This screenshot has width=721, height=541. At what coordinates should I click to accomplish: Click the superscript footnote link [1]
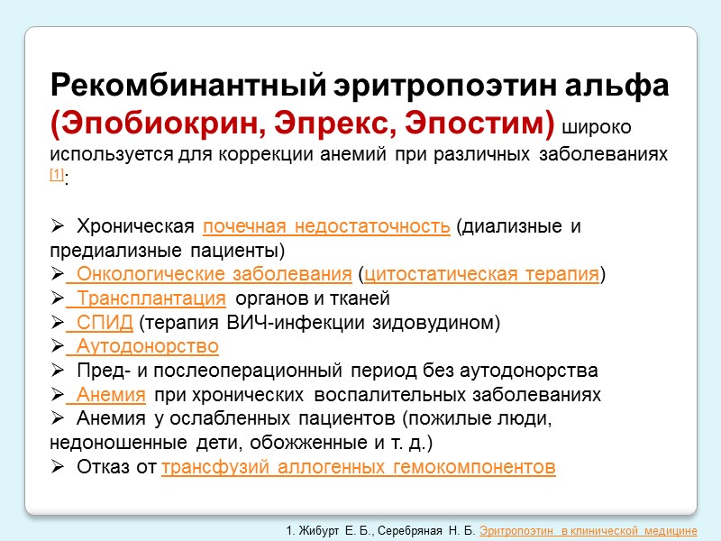(x=57, y=174)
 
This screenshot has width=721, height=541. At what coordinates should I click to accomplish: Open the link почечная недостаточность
(x=326, y=225)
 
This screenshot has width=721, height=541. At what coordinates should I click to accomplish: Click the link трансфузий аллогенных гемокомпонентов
(x=358, y=467)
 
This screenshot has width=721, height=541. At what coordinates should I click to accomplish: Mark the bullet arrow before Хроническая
(x=59, y=225)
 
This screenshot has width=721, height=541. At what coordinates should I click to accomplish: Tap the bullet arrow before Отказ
(x=59, y=467)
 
